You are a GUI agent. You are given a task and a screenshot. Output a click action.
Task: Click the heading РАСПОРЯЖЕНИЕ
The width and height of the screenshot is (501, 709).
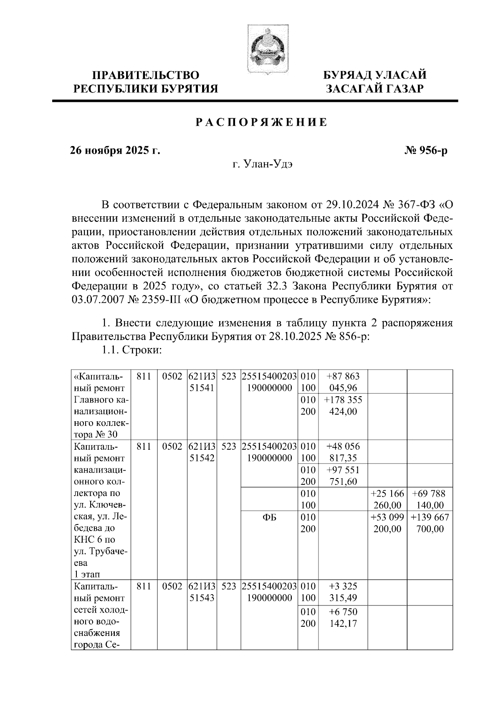[262, 122]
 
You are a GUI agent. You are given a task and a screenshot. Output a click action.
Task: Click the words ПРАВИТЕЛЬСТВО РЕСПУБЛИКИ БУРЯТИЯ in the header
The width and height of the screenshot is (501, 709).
[146, 82]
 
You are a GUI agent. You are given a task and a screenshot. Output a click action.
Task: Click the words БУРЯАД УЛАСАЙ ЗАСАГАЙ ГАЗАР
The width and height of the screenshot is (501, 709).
[375, 82]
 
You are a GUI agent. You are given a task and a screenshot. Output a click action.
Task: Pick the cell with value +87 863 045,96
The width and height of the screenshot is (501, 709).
[343, 382]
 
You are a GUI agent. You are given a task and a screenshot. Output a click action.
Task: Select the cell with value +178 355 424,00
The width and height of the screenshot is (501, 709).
[343, 405]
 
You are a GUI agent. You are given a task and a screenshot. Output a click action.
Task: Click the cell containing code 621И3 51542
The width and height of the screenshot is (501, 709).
[202, 452]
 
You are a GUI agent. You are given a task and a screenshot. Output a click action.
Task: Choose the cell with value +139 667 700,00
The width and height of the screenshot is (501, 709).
[430, 523]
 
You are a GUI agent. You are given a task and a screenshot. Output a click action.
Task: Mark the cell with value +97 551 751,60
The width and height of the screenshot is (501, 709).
[343, 476]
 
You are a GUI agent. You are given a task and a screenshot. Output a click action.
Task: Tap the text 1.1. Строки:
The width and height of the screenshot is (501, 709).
[132, 351]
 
